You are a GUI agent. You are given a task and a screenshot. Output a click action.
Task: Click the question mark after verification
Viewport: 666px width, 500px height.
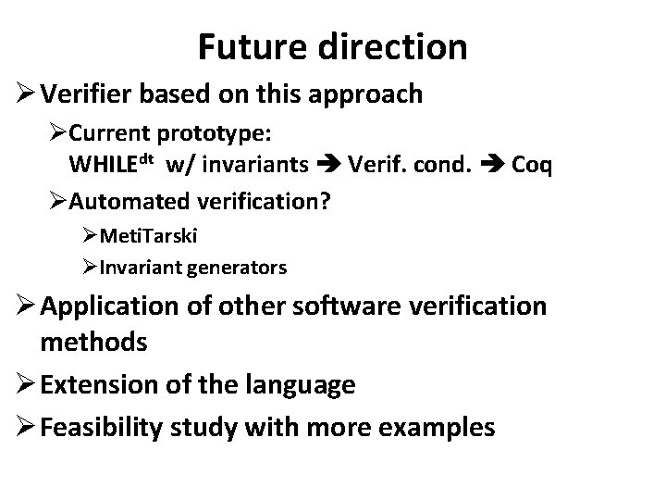(325, 200)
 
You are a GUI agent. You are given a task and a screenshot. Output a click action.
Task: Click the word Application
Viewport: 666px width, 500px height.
(99, 306)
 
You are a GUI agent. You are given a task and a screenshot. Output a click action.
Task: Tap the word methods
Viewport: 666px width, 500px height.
(93, 342)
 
